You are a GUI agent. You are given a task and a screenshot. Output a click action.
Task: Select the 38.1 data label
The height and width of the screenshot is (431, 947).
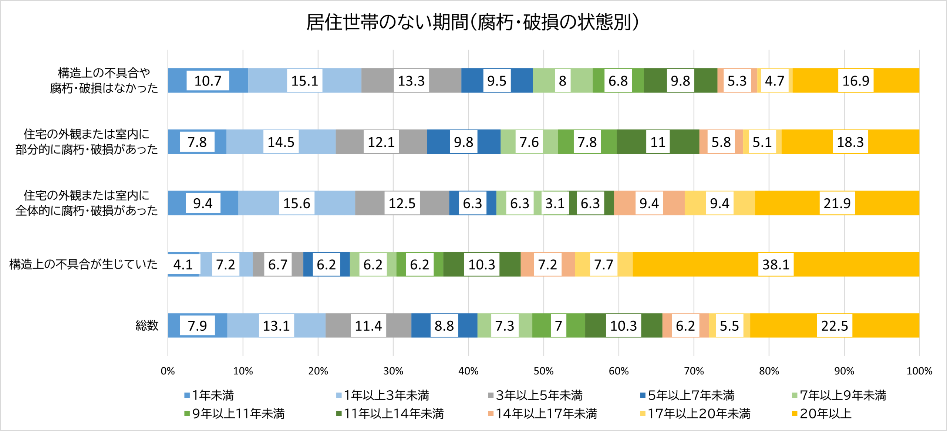point(776,265)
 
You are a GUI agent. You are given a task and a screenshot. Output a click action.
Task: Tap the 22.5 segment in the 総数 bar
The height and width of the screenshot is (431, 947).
point(835,326)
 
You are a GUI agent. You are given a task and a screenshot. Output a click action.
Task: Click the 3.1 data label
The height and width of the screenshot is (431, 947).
point(555,203)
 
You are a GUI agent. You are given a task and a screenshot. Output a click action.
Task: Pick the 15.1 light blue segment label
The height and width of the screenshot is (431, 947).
point(304,81)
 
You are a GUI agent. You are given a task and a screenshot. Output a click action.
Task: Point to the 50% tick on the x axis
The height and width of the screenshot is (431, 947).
point(543,371)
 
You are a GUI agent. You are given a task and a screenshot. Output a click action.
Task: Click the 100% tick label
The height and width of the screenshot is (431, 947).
point(919,371)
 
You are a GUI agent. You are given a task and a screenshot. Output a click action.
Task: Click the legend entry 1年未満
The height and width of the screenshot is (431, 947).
point(209,395)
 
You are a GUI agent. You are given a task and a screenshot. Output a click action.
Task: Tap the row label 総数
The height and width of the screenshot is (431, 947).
point(147,326)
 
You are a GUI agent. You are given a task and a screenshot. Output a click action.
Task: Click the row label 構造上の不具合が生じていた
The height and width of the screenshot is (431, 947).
point(83,264)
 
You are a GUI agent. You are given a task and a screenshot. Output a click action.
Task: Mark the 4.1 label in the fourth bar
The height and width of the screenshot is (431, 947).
point(183,265)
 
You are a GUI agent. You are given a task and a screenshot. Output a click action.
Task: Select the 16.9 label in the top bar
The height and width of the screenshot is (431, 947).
point(855,81)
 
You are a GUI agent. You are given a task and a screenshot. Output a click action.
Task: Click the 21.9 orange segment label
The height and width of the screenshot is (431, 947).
point(837,203)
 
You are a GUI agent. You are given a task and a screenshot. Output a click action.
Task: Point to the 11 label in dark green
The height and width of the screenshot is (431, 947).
point(658,142)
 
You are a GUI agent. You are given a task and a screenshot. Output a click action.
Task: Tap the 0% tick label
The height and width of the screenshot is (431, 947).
point(168,371)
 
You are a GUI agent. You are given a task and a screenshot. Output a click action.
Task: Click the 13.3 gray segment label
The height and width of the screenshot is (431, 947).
point(411,81)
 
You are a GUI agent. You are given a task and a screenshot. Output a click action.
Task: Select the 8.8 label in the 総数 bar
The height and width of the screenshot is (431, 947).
point(444,326)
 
